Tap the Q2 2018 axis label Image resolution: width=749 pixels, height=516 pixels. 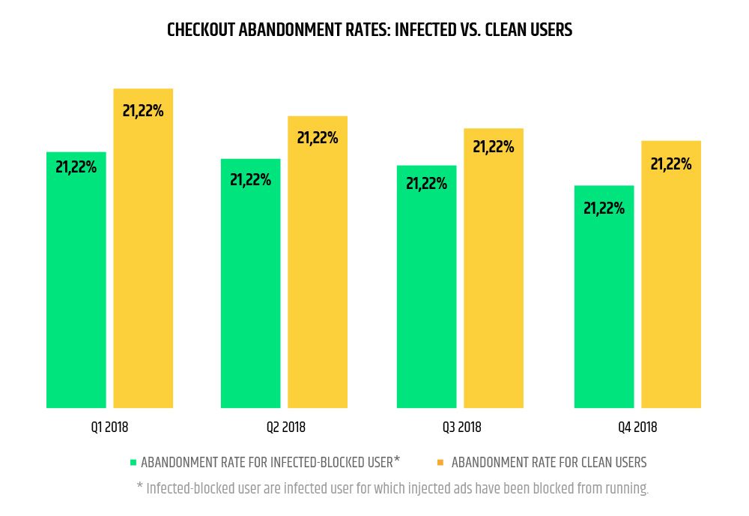click(x=285, y=427)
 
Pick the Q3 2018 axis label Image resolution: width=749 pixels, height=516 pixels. click(x=461, y=427)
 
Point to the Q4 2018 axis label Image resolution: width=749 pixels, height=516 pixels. click(x=637, y=427)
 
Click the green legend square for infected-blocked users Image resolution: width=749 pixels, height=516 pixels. click(x=133, y=462)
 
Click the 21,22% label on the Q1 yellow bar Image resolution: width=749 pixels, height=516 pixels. click(x=143, y=111)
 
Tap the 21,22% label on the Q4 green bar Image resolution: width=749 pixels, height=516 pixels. click(x=604, y=208)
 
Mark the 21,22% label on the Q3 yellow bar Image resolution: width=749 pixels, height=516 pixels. click(x=494, y=147)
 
